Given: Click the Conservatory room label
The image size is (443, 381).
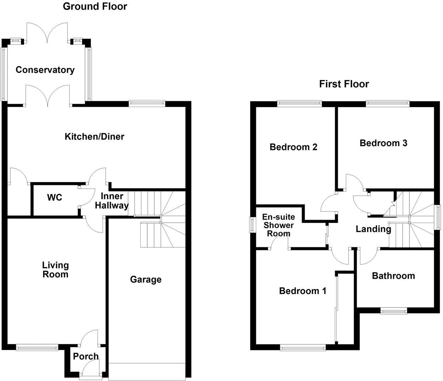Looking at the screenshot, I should click(45, 70).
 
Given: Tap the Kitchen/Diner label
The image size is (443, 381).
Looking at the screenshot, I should click(95, 137).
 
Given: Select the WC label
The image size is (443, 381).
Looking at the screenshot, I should click(55, 198).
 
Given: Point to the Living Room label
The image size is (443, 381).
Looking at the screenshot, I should click(55, 270).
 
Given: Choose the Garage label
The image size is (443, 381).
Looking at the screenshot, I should click(145, 279).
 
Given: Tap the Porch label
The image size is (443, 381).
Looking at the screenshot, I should click(86, 356).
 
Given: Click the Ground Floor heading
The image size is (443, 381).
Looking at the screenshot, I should click(95, 6).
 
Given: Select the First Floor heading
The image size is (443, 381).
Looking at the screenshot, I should click(344, 84).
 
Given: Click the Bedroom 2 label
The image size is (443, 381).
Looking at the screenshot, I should click(293, 147).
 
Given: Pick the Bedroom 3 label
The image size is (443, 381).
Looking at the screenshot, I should click(384, 143).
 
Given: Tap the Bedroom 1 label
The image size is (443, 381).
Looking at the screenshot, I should click(303, 291).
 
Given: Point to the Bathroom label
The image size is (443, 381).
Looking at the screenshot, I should click(393, 276).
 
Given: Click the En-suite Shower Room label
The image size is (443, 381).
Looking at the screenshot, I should click(278, 225).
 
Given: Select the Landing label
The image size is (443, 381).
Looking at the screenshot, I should click(373, 229).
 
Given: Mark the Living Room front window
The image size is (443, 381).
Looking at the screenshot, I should click(37, 347).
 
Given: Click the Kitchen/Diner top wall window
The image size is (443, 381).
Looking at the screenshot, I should click(147, 103).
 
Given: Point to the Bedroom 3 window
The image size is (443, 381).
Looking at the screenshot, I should click(388, 104).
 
